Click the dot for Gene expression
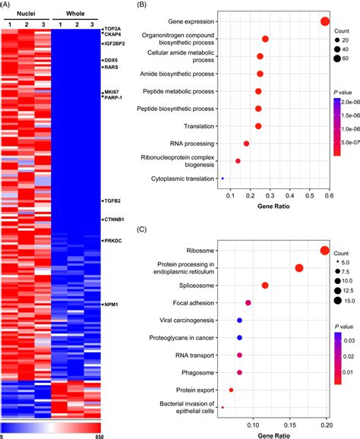tap(325, 22)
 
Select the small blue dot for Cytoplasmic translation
tap(223, 178)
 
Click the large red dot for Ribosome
tap(325, 251)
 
